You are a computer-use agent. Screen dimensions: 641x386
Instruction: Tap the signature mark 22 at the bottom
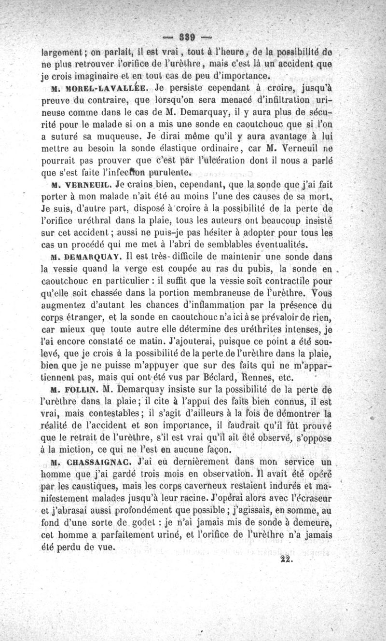286,559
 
